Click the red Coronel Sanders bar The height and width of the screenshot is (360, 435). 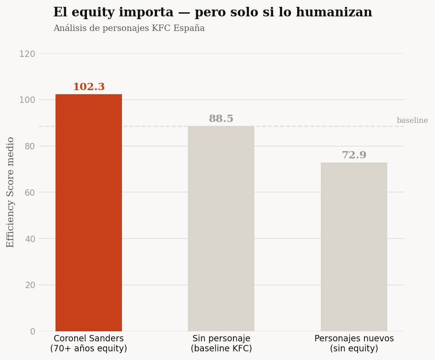[x=89, y=213]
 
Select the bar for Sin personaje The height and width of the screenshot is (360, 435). [x=221, y=228]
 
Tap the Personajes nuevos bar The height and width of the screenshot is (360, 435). [x=354, y=247]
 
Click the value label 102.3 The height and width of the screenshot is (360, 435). [x=89, y=87]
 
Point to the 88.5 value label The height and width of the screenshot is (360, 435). [x=221, y=119]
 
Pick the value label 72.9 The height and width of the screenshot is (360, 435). [x=354, y=155]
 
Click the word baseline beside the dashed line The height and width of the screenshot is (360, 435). [x=412, y=121]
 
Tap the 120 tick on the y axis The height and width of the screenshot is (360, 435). [x=27, y=54]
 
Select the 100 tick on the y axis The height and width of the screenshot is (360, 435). [x=27, y=100]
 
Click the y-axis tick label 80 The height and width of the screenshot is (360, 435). [x=30, y=146]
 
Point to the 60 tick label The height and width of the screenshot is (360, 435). [x=30, y=193]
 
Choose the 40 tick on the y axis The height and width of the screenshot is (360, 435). [x=30, y=239]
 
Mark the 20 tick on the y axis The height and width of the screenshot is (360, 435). [x=30, y=285]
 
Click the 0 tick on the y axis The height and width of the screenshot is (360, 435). [x=32, y=331]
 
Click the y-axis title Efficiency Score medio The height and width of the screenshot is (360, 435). [x=10, y=192]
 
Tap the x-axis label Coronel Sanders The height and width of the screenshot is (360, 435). [x=89, y=339]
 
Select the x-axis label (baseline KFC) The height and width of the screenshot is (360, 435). [x=221, y=349]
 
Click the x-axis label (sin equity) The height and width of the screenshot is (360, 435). [x=354, y=349]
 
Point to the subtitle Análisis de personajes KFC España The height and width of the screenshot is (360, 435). [x=129, y=28]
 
